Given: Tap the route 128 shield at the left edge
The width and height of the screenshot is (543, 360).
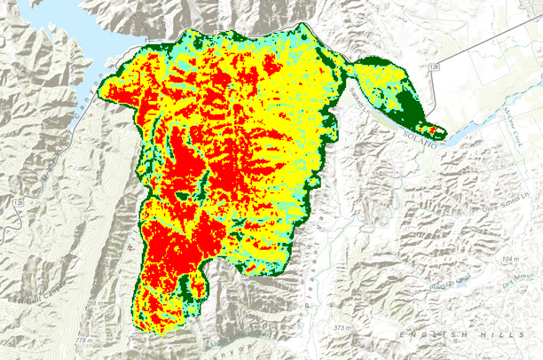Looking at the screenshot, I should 18,204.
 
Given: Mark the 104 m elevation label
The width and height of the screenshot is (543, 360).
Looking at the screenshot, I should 509,258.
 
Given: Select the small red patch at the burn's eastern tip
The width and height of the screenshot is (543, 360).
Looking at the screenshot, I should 433,131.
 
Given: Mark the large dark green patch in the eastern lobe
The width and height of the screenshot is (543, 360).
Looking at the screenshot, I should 407,112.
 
